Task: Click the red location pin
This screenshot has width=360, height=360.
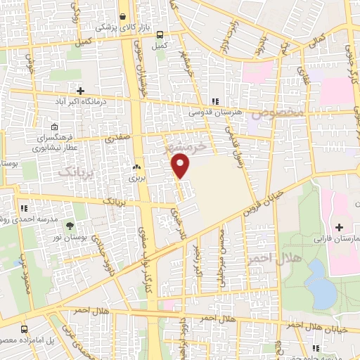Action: (x=181, y=166)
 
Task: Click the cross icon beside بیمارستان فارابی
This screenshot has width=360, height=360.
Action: (x=340, y=227)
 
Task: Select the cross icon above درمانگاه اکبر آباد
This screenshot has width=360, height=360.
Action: (x=81, y=91)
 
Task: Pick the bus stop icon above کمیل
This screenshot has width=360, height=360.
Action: (x=161, y=34)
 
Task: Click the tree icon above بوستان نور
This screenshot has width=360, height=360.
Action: (x=70, y=226)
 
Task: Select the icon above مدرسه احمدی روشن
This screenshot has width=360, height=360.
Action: (x=23, y=208)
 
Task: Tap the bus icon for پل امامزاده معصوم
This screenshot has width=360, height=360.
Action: (x=25, y=329)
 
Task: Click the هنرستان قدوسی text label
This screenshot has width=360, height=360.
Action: (x=215, y=112)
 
